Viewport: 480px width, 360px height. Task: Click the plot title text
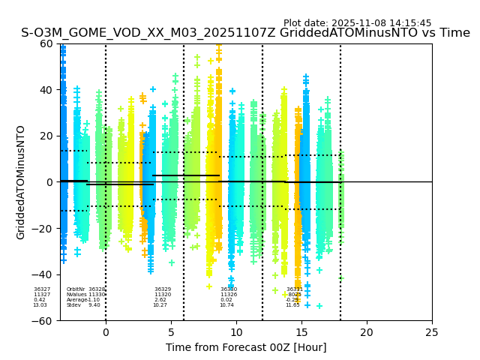[x=245, y=33]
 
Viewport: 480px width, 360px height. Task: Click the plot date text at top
[x=357, y=23]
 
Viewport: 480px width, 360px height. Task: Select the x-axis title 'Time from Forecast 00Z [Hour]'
[x=246, y=347]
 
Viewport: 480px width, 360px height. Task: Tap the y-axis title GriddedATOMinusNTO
[x=21, y=182]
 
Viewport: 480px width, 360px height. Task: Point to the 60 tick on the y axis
[x=46, y=43]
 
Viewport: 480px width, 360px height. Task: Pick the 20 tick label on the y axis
[x=46, y=136]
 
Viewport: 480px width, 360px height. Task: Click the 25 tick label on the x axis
[x=432, y=332]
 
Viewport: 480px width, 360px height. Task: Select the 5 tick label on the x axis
[x=171, y=332]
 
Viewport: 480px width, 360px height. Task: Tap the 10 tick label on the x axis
[x=236, y=332]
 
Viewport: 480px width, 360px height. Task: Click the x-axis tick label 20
[x=367, y=332]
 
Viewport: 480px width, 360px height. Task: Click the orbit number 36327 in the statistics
[x=42, y=289]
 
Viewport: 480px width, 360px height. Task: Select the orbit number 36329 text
[x=163, y=289]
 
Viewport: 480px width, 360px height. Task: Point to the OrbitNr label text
[x=76, y=289]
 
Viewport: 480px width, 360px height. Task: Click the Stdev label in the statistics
[x=73, y=305]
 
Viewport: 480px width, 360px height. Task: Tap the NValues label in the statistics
[x=76, y=295]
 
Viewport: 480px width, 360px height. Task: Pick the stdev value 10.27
[x=160, y=305]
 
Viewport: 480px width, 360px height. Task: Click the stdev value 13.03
[x=40, y=305]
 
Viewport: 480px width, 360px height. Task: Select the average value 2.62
[x=160, y=300]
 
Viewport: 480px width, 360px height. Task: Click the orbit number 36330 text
[x=229, y=289]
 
